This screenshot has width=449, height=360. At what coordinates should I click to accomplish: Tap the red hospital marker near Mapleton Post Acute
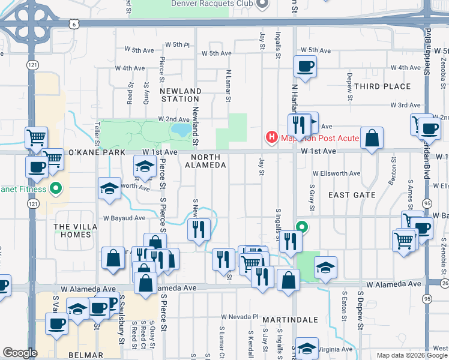pos(272,137)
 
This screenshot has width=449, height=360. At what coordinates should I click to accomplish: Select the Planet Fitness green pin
pos(56,190)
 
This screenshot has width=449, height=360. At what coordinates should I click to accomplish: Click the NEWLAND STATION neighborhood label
pos(181,95)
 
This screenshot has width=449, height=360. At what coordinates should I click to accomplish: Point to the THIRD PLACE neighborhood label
pos(382,86)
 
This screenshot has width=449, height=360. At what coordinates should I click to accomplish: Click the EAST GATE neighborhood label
pos(352,195)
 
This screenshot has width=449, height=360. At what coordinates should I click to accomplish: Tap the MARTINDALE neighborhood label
pos(294,320)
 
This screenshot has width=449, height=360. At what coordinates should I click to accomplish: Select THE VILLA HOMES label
pos(73,230)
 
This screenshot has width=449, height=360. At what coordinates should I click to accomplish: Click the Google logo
pos(20,353)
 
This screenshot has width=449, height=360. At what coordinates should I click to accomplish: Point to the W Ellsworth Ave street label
pos(336,173)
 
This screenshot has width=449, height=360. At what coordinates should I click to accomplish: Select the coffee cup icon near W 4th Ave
pos(305,67)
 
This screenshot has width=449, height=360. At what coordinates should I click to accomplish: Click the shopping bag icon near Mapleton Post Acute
pos(372,137)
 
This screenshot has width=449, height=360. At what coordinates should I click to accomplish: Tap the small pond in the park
pos(181,130)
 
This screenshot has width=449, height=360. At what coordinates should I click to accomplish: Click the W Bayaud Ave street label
pos(124,218)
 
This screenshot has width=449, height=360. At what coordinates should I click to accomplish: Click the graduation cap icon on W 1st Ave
pos(145,166)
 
